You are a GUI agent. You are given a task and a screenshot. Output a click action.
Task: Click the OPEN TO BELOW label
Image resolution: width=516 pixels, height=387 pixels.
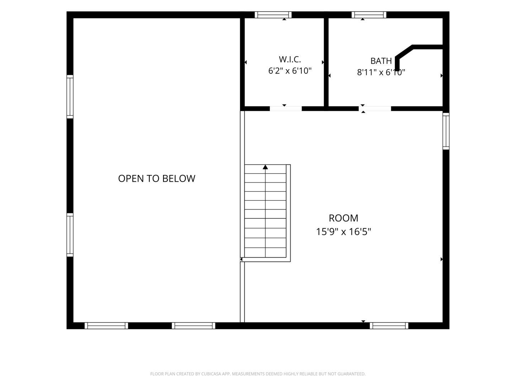point(157,178)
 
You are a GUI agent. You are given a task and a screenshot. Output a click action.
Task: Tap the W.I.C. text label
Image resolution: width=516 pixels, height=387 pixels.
point(290,59)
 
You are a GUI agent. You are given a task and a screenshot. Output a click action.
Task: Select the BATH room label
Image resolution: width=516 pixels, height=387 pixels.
point(381,61)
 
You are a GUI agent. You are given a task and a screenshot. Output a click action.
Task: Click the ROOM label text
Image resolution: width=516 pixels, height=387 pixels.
point(343,218)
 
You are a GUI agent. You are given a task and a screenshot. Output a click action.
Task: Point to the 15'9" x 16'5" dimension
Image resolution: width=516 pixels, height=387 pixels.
point(343,232)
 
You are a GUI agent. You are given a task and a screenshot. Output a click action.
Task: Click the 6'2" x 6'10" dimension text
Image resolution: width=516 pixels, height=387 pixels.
point(290,71)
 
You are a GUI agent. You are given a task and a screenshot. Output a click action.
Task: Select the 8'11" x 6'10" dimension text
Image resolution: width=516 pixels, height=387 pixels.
point(381,72)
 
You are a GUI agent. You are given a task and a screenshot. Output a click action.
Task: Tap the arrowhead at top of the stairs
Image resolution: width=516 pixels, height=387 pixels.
point(266,167)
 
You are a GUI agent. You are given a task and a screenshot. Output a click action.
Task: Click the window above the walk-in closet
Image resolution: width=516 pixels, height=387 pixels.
point(273,15)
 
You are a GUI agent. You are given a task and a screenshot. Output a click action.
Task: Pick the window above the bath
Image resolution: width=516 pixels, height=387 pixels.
point(369,15)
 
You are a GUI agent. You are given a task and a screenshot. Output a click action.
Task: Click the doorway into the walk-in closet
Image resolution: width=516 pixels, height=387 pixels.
point(286,109)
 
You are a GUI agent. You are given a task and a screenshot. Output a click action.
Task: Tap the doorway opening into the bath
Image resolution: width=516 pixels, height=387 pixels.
point(375,109)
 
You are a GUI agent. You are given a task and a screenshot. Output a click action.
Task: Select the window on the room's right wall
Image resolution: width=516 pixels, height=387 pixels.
point(446,131)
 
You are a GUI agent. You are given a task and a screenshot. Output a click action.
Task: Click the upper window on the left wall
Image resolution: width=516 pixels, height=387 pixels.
point(70,97)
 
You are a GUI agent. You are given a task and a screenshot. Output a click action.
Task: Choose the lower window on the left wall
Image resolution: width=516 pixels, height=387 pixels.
point(70,235)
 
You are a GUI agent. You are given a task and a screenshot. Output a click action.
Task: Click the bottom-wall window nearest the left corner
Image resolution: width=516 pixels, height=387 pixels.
point(106,326)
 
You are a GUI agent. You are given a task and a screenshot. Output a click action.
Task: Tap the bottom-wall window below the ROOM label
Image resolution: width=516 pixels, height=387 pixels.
point(389,326)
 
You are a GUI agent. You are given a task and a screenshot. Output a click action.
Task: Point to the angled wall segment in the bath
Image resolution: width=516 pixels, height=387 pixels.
point(404,52)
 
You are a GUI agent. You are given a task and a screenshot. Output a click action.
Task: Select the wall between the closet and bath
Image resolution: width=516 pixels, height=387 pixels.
point(326,62)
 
